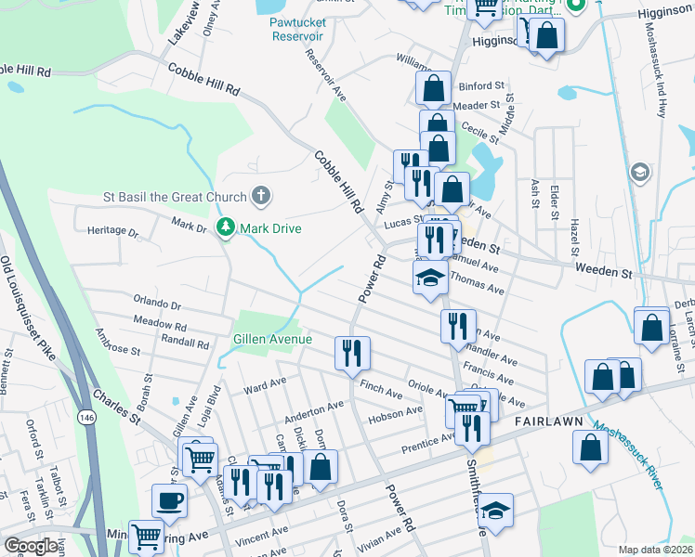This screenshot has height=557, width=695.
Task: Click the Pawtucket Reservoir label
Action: (296, 29)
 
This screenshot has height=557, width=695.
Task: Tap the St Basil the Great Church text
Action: (175, 197)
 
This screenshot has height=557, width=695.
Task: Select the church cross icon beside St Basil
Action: (262, 196)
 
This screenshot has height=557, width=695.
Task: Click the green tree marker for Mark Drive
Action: (224, 227)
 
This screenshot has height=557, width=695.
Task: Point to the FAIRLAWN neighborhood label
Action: (548, 421)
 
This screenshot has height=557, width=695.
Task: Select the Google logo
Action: (31, 546)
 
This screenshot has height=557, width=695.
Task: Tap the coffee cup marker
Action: (169, 501)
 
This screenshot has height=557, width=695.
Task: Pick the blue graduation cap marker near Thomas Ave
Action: (430, 278)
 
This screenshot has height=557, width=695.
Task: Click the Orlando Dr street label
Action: (157, 303)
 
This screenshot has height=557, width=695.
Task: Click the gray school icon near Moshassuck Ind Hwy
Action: (639, 173)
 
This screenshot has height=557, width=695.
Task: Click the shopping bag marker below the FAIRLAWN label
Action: (591, 447)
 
